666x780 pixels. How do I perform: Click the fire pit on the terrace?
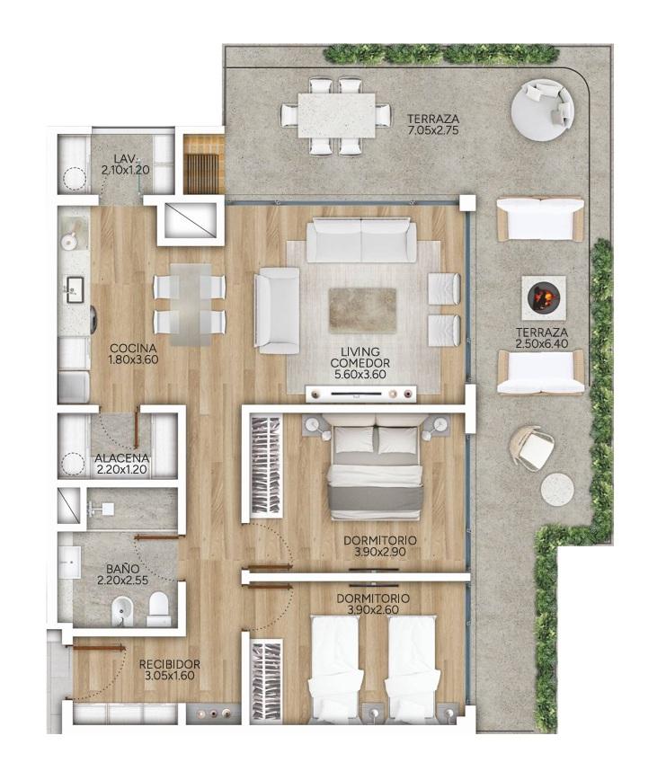pos(544,297)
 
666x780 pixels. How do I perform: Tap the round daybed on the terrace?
pos(543,110)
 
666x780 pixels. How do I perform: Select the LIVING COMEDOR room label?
pos(360,357)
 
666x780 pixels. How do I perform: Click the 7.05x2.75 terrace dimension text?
pos(432,131)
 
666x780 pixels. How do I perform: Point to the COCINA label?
pos(133,349)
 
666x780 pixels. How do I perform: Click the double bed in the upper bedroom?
pos(375,466)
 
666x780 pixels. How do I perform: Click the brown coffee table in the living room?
pos(362,311)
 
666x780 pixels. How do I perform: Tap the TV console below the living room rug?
pos(360,394)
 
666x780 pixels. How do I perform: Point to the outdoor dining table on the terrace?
pos(337,115)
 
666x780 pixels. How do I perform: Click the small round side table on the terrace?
pos(557,490)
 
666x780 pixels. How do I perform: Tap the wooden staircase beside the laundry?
pos(202,164)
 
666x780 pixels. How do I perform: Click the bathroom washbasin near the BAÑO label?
pos(69,563)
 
